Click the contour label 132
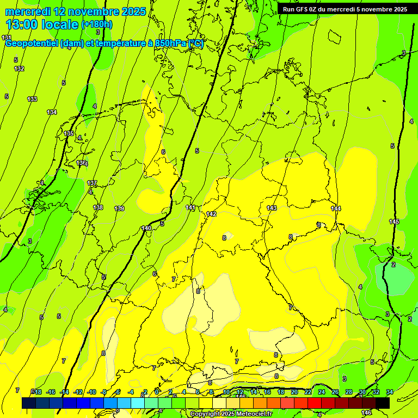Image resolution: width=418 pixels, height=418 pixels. (x=19, y=69)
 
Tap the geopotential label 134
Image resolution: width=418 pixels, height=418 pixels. (x=52, y=112)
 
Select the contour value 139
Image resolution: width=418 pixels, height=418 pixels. (x=119, y=208)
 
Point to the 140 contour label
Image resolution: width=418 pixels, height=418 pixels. (x=146, y=228)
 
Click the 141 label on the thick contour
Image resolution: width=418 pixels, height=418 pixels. (x=190, y=207)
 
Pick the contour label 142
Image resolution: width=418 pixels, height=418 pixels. (x=211, y=214)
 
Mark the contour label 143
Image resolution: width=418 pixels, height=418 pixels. (x=272, y=208)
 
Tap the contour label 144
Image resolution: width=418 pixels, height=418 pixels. (x=336, y=208)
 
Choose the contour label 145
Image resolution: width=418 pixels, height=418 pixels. (x=394, y=222)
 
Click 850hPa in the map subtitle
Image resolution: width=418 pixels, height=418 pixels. (x=170, y=44)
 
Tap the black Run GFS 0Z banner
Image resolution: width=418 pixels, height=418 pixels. (x=345, y=9)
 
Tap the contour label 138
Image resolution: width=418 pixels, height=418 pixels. (x=98, y=207)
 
